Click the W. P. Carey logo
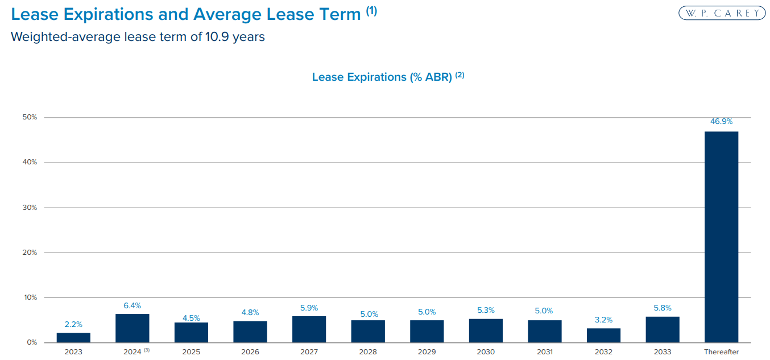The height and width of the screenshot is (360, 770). click(722, 13)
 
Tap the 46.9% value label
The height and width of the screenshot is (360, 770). click(721, 122)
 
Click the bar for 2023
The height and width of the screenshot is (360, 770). click(73, 337)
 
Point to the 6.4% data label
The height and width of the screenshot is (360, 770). click(132, 305)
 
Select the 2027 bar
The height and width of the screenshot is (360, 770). click(309, 329)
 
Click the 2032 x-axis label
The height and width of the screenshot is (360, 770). click(603, 352)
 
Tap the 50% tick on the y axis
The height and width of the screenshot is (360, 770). click(30, 117)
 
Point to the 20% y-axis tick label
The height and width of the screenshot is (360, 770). click(30, 253)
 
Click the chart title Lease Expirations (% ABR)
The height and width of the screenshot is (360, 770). click(382, 77)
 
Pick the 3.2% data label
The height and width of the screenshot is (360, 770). click(603, 320)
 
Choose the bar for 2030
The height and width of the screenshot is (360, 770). click(486, 330)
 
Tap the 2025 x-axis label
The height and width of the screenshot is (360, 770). click(191, 352)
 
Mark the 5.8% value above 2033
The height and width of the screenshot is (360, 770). click(663, 308)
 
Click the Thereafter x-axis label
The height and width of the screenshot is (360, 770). click(721, 352)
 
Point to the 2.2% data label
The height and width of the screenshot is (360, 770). click(73, 324)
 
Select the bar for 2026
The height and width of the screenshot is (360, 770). click(250, 332)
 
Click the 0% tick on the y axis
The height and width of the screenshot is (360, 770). click(32, 342)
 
